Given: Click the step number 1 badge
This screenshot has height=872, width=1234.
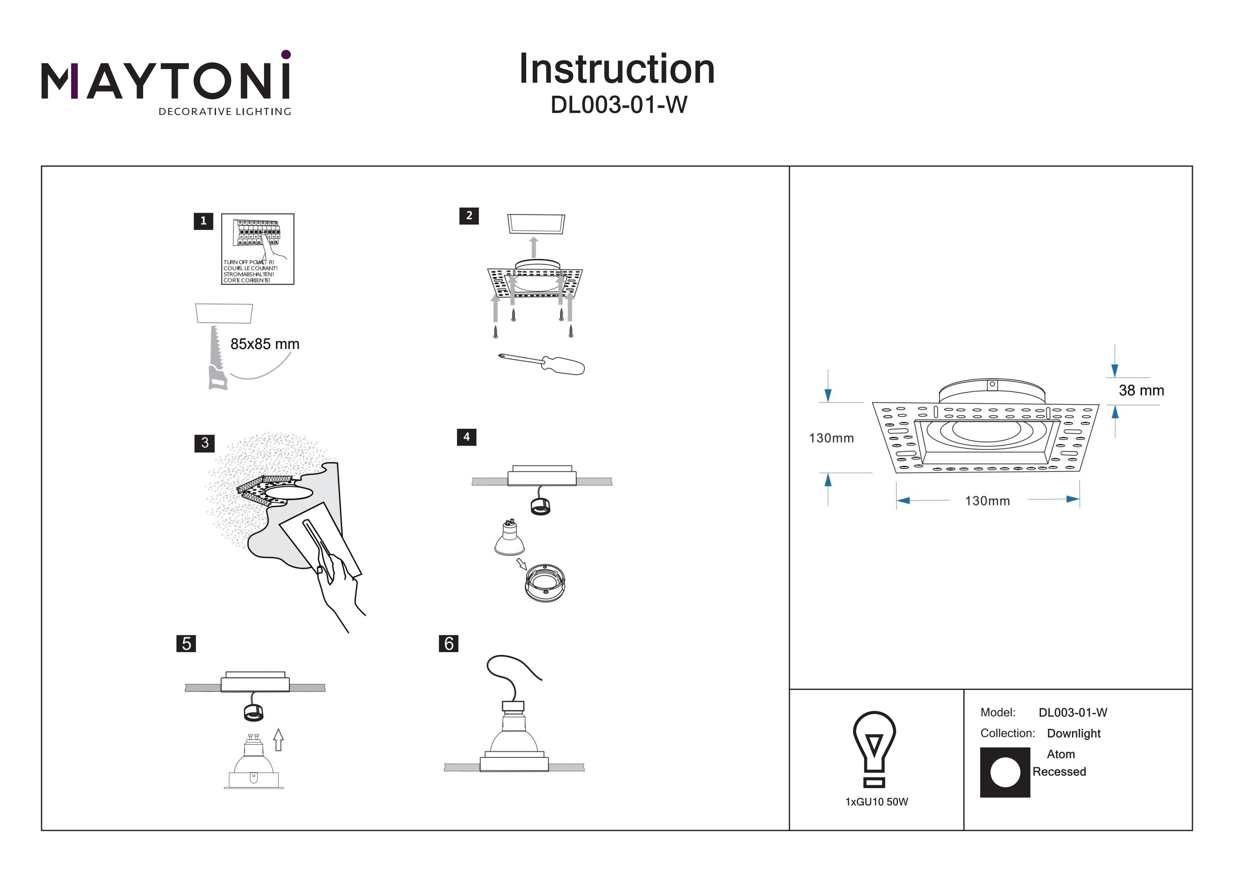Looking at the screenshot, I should pyautogui.click(x=203, y=221).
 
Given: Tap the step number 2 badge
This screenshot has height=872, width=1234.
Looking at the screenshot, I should pyautogui.click(x=469, y=215).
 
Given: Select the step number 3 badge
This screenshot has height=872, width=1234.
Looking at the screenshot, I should pyautogui.click(x=204, y=443).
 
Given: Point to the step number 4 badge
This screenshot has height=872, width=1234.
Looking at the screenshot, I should pyautogui.click(x=466, y=437).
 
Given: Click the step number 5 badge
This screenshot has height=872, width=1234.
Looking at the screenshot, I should pyautogui.click(x=186, y=643).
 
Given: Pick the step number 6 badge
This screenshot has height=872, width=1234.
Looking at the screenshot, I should pyautogui.click(x=449, y=643).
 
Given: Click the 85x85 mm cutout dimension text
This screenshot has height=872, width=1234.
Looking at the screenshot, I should pyautogui.click(x=264, y=344).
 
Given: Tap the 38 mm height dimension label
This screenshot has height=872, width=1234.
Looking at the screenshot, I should pyautogui.click(x=1141, y=391).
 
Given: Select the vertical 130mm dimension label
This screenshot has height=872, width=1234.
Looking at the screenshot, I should pyautogui.click(x=831, y=438).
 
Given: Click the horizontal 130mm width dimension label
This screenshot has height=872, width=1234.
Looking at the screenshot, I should pyautogui.click(x=987, y=501).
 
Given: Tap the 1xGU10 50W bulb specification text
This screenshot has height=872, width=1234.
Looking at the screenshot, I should pyautogui.click(x=876, y=802).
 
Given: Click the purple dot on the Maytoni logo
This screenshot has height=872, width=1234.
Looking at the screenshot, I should pyautogui.click(x=286, y=54).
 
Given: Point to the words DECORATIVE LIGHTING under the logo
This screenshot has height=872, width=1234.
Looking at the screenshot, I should pyautogui.click(x=225, y=112).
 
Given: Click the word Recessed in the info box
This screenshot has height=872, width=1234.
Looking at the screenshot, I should pyautogui.click(x=1059, y=772).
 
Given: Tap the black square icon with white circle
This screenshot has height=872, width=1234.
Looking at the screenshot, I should pyautogui.click(x=1005, y=772).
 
